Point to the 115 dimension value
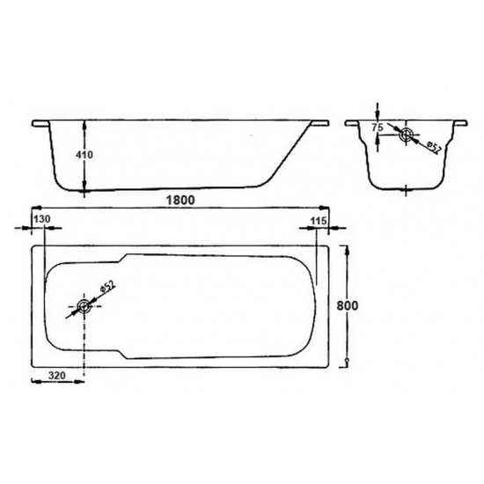click(320, 219)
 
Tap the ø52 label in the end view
click(432, 146)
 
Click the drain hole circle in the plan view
click(84, 307)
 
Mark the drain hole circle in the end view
click(405, 135)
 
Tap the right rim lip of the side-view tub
click(319, 122)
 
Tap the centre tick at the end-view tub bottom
click(405, 188)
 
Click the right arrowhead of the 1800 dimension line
click(328, 209)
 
